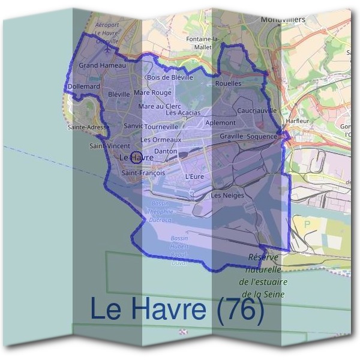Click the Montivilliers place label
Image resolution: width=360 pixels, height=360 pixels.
pyautogui.click(x=283, y=19)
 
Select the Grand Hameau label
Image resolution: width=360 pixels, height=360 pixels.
pyautogui.click(x=103, y=65)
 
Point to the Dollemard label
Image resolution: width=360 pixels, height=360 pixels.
pyautogui.click(x=84, y=86)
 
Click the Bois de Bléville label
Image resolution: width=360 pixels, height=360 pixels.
pyautogui.click(x=170, y=77)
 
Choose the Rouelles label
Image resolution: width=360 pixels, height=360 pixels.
pyautogui.click(x=228, y=83)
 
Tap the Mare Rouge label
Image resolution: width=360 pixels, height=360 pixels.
pyautogui.click(x=152, y=93)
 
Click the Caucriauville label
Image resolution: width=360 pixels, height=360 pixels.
pyautogui.click(x=257, y=110)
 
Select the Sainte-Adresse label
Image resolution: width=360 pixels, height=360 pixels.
pyautogui.click(x=88, y=127)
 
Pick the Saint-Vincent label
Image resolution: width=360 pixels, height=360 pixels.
pyautogui.click(x=110, y=146)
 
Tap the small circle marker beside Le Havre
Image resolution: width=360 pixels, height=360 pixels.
pyautogui.click(x=136, y=158)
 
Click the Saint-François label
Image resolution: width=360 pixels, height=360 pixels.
pyautogui.click(x=143, y=173)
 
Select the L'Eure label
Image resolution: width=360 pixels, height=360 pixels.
pyautogui.click(x=195, y=176)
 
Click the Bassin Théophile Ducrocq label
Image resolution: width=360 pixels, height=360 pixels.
pyautogui.click(x=159, y=212)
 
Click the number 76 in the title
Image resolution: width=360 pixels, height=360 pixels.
pyautogui.click(x=240, y=309)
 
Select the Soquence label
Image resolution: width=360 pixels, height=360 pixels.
pyautogui.click(x=262, y=136)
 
